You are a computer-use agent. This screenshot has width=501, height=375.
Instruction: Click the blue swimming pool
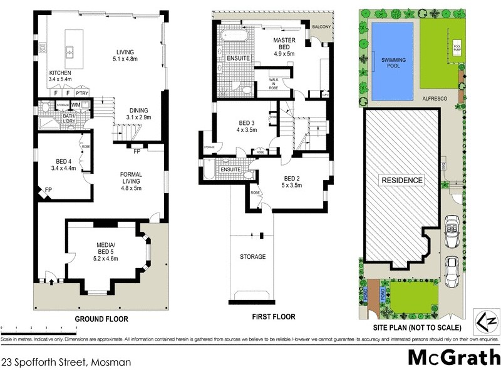[x=391, y=61]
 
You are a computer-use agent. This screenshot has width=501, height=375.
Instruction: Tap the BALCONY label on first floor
[x=323, y=27]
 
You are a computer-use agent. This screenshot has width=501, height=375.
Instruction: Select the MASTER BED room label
[x=284, y=47]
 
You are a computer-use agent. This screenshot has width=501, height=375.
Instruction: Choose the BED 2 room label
[x=292, y=181]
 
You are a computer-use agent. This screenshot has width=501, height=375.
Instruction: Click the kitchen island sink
[x=70, y=52]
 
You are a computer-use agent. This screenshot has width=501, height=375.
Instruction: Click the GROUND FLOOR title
[x=101, y=319]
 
